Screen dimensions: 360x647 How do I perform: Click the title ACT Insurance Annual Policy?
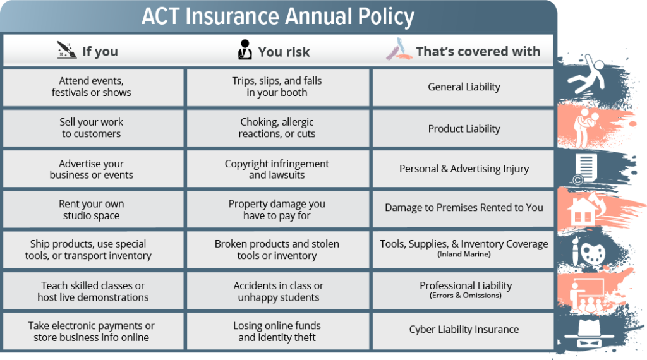tap(278, 16)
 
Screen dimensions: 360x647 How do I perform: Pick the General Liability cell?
tap(464, 87)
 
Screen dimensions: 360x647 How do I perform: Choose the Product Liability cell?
tap(464, 128)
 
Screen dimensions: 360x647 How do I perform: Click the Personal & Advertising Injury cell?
tap(464, 169)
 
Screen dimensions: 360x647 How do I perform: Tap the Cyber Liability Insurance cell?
tap(464, 330)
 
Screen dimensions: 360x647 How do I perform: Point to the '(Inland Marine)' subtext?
tap(464, 254)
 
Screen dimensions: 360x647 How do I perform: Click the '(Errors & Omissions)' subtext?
tap(465, 295)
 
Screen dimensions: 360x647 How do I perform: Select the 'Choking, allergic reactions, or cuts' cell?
tap(277, 128)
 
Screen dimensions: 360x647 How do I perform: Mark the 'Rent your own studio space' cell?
tap(92, 210)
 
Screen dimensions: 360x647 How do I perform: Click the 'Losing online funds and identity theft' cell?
tap(277, 331)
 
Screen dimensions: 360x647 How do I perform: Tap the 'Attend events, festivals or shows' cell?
tap(92, 87)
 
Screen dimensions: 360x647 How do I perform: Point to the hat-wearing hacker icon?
tap(585, 332)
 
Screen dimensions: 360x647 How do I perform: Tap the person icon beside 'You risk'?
tap(245, 50)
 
